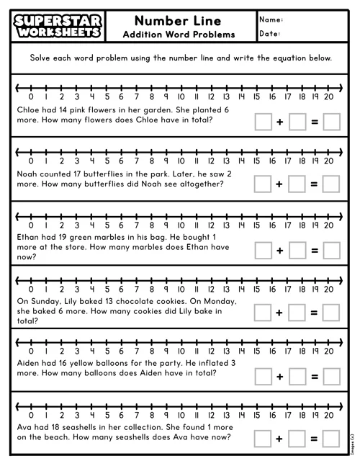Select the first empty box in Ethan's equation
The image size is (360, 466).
coord(263,249)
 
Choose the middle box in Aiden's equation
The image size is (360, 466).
coord(297,376)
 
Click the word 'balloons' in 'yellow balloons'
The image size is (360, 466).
coord(122,363)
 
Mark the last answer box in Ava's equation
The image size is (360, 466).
coord(331,438)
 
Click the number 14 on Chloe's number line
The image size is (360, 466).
coord(240,97)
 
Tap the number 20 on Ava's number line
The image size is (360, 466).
coord(328,413)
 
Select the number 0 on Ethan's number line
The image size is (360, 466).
coord(30,225)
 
